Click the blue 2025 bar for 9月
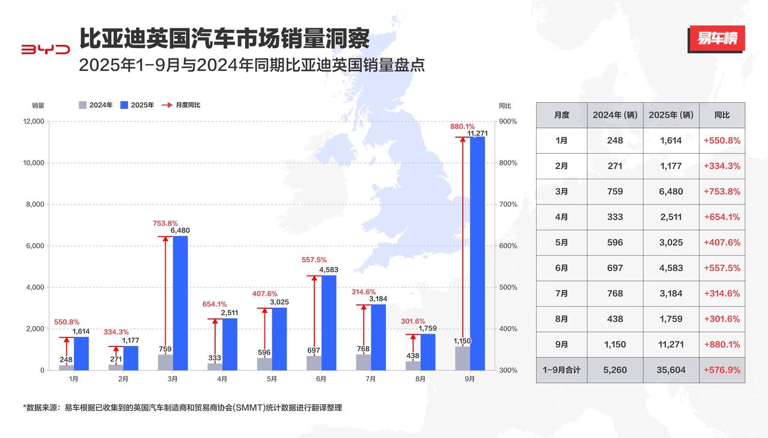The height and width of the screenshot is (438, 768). (x=477, y=253)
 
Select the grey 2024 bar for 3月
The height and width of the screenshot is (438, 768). (x=165, y=362)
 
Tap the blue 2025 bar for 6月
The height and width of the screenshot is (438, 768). (x=329, y=322)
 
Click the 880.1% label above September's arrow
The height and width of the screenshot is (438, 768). (x=462, y=126)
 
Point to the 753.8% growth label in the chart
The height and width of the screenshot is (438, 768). (x=165, y=223)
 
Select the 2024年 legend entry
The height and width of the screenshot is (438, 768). (x=96, y=105)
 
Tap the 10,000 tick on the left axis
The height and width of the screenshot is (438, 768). (x=34, y=162)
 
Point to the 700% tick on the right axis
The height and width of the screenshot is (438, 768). (x=508, y=205)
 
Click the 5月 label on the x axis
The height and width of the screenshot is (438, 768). (x=272, y=379)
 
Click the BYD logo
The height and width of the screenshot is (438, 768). (x=46, y=49)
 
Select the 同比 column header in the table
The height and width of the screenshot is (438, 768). (x=722, y=115)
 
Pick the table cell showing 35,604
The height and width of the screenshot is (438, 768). (x=671, y=370)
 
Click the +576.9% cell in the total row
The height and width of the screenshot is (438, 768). (x=722, y=370)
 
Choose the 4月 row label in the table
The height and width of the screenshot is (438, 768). (x=561, y=217)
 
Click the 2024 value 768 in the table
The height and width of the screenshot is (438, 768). (x=615, y=294)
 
